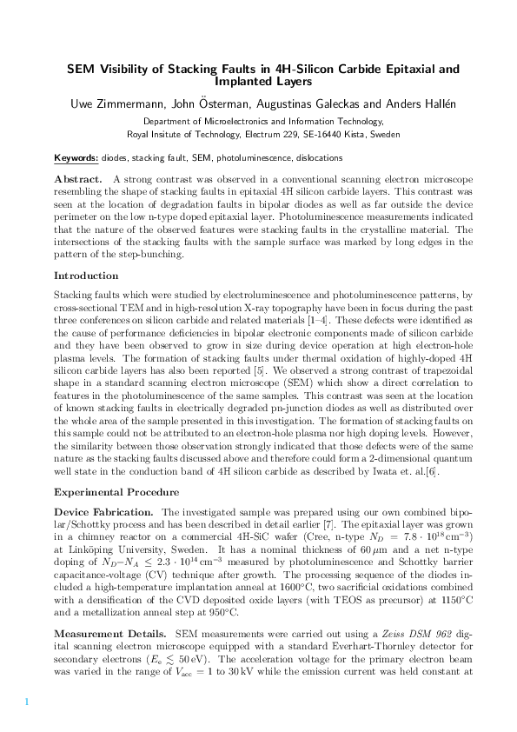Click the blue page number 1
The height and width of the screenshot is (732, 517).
(x=27, y=701)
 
